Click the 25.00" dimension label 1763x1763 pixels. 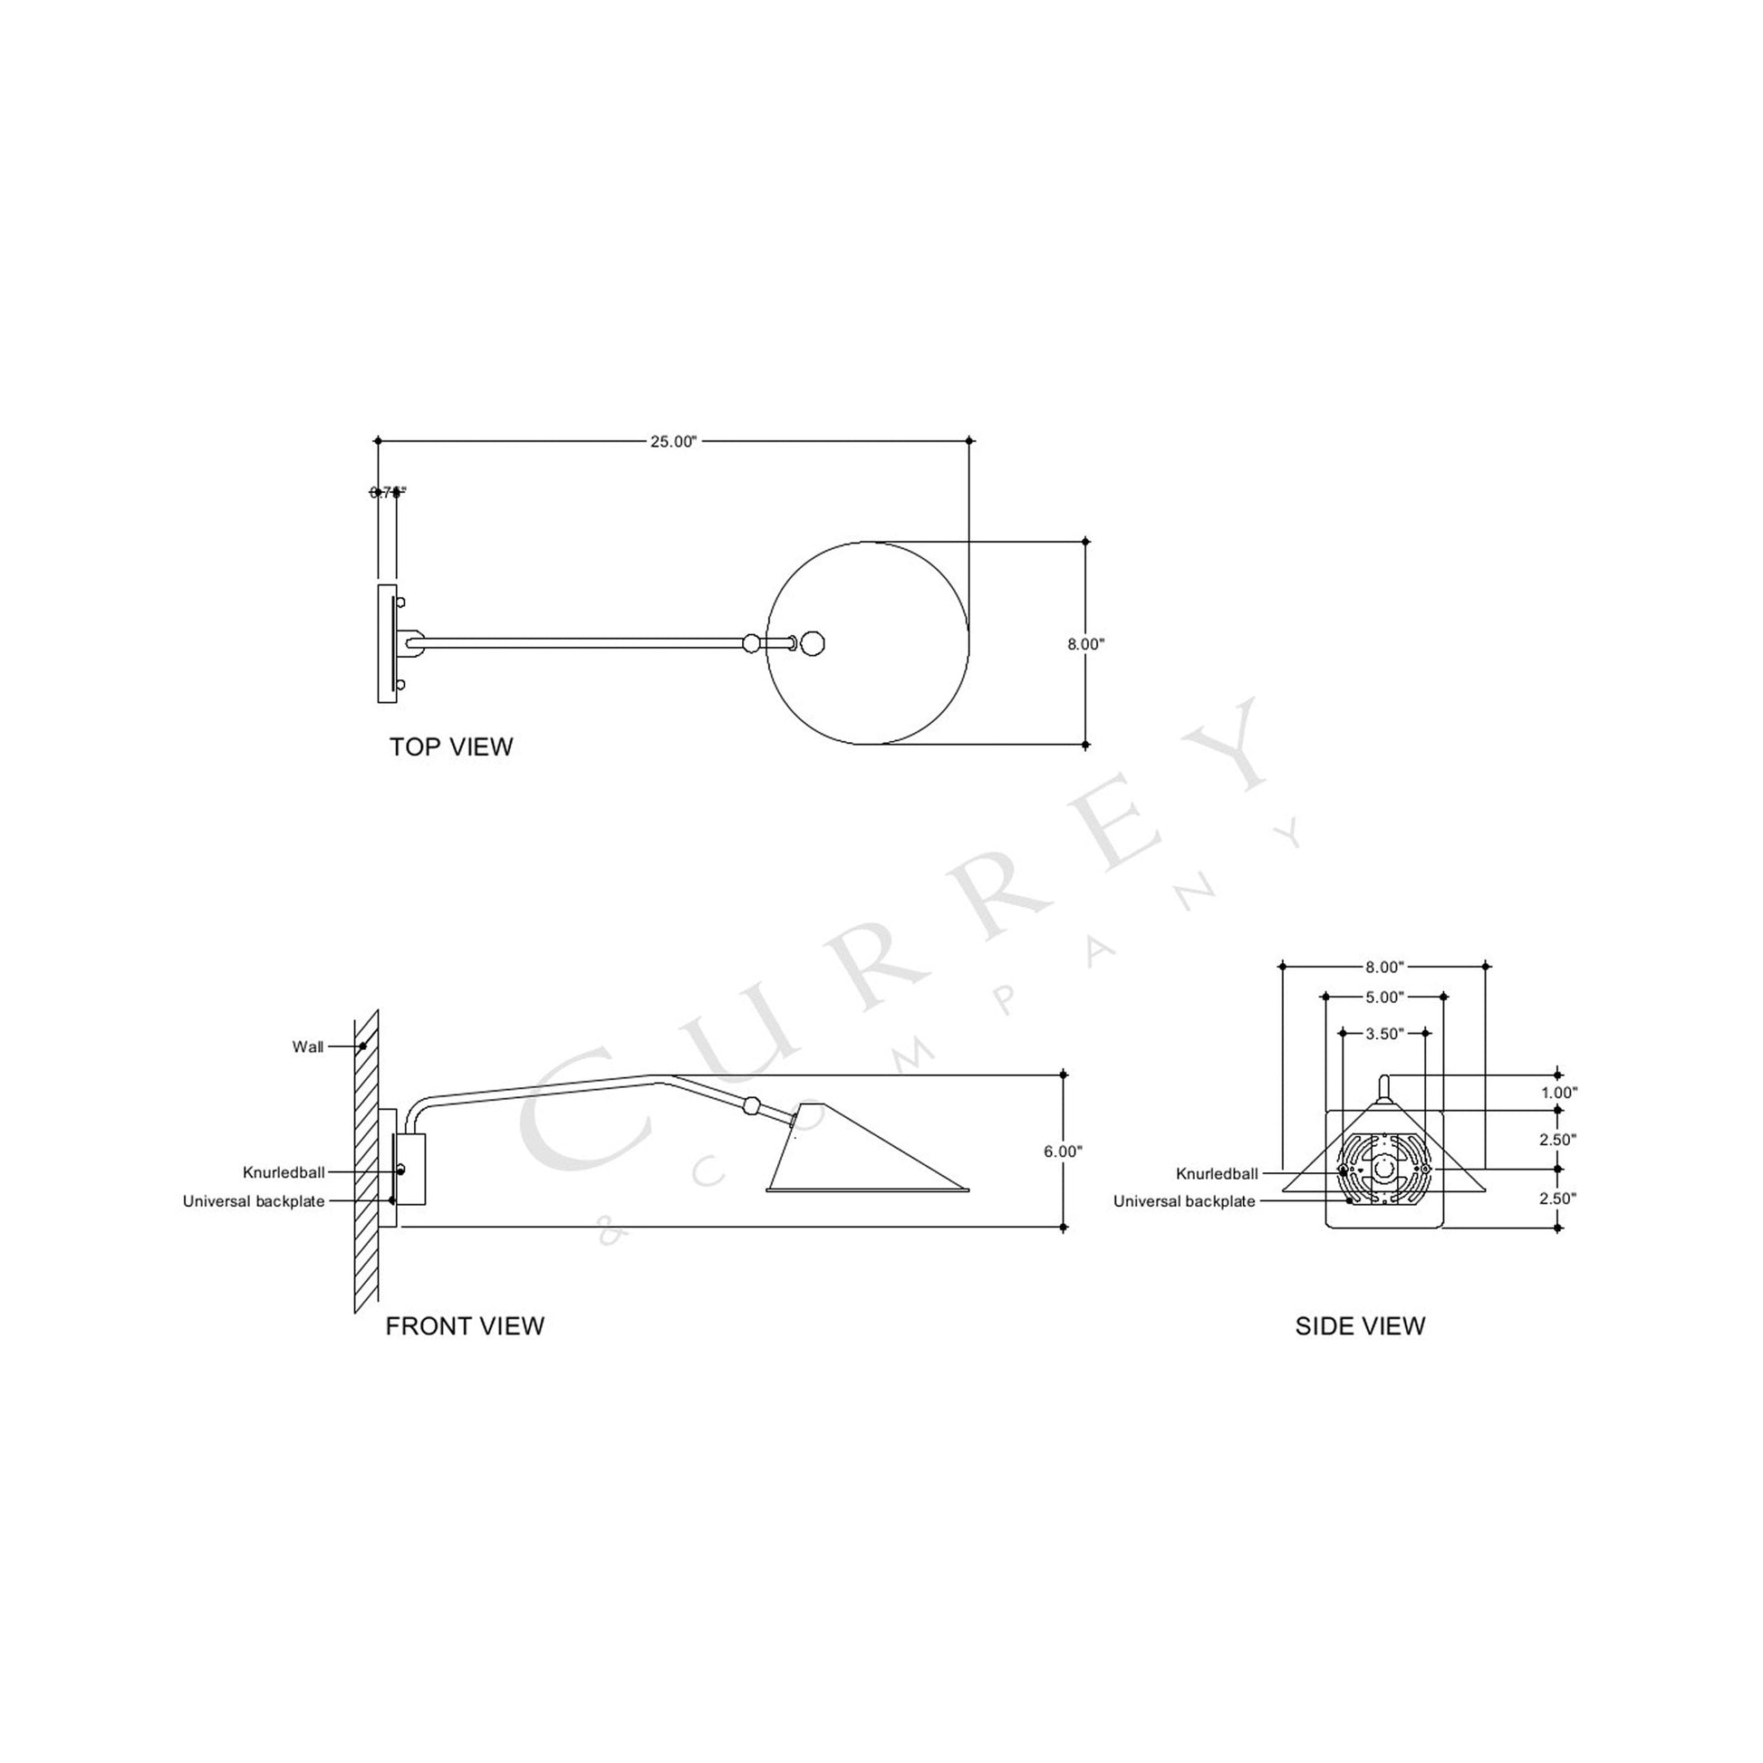[x=672, y=442]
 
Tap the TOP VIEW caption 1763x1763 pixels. [x=451, y=747]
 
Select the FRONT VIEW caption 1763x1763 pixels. [x=465, y=1326]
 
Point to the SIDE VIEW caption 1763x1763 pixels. [x=1360, y=1326]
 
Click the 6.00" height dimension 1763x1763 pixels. [x=1063, y=1151]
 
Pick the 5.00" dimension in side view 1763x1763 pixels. [x=1384, y=997]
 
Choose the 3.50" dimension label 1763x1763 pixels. [x=1384, y=1034]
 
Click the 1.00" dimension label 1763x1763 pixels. [x=1558, y=1093]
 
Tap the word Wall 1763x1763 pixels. [x=307, y=1046]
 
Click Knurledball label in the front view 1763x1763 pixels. [x=284, y=1172]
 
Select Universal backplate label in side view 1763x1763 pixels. [x=1183, y=1202]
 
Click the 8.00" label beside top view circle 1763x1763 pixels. [x=1086, y=644]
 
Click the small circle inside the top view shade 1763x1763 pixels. [x=812, y=643]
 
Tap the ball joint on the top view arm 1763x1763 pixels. [x=751, y=643]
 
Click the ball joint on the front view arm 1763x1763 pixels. [x=751, y=1106]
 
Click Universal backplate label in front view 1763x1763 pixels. [x=254, y=1202]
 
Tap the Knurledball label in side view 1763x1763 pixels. [x=1217, y=1174]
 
